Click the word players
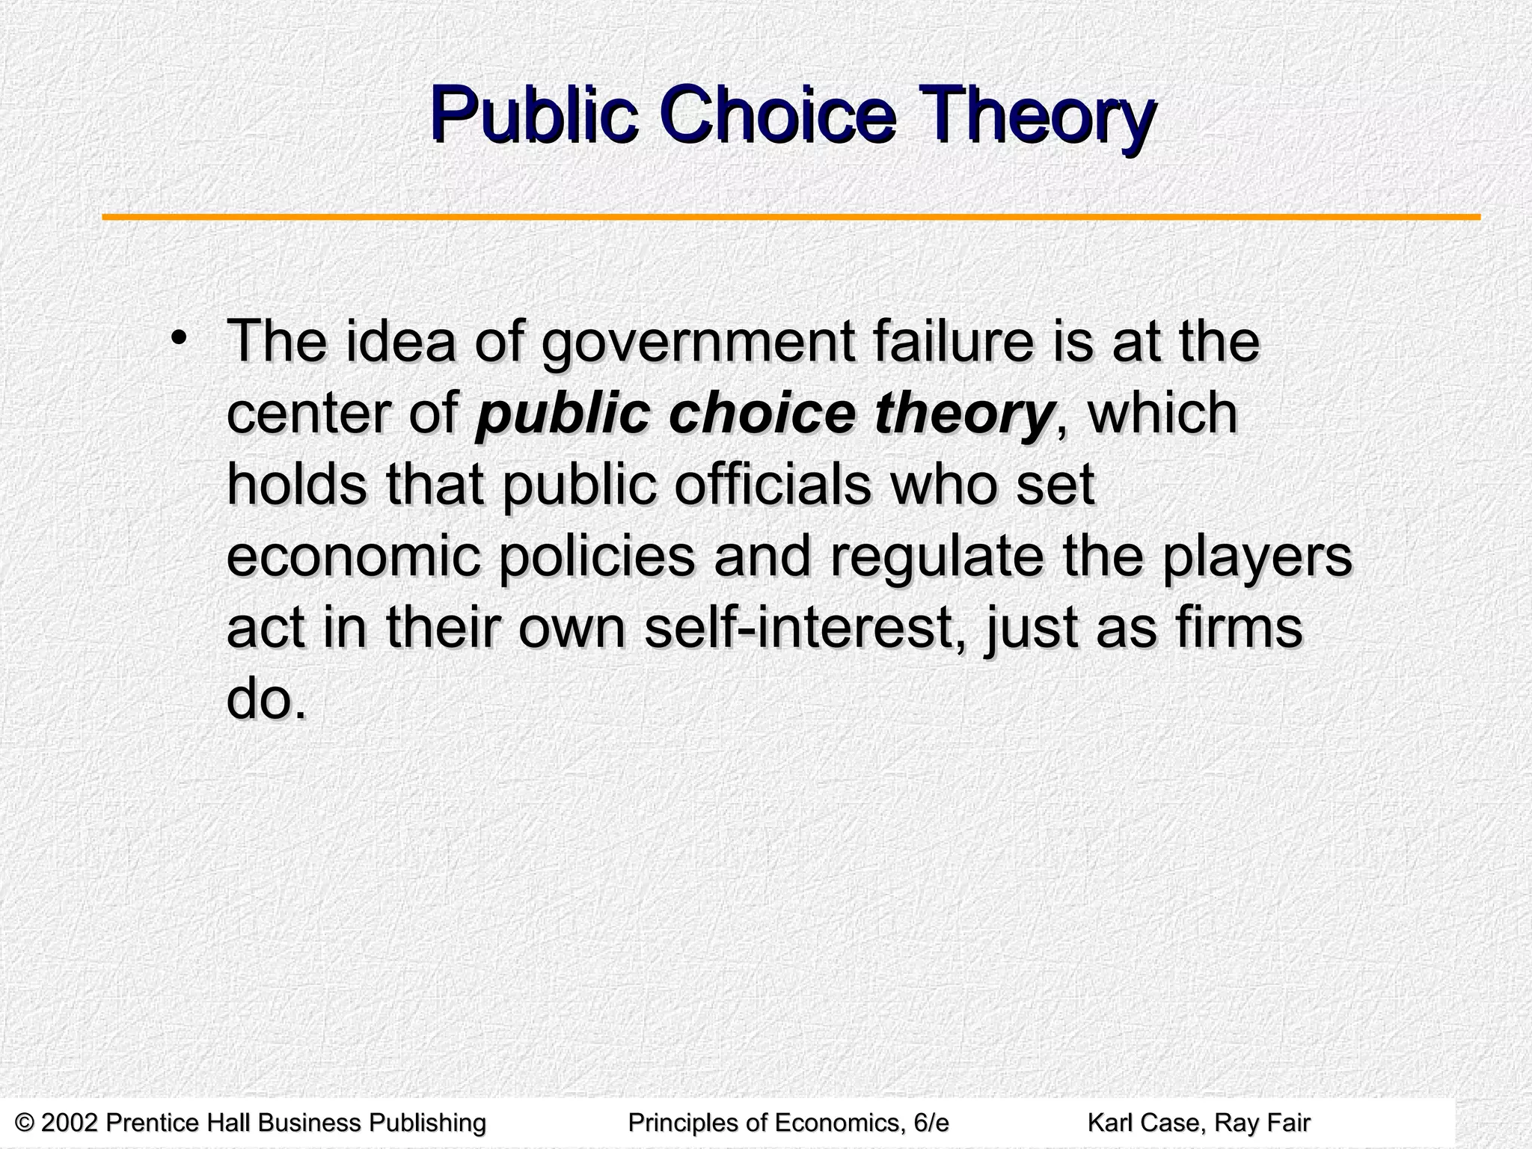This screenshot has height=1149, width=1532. (x=1256, y=557)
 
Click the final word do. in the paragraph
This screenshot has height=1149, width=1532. (x=266, y=699)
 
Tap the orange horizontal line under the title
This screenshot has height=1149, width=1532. (x=791, y=217)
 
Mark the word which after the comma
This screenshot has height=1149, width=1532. (x=1162, y=414)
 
